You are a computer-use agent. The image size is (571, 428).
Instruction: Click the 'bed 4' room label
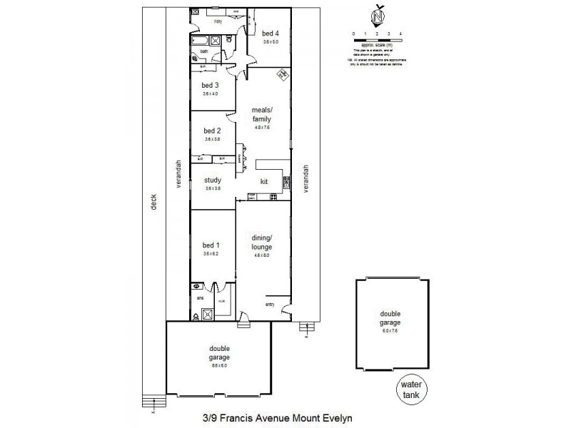pyautogui.click(x=270, y=33)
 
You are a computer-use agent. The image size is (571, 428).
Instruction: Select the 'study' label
pyautogui.click(x=212, y=180)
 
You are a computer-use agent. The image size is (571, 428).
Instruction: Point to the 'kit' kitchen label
pyautogui.click(x=263, y=181)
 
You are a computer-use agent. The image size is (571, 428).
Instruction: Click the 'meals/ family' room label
pyautogui.click(x=262, y=115)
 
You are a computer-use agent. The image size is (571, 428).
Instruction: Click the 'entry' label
pyautogui.click(x=269, y=305)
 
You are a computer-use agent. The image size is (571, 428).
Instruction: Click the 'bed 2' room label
pyautogui.click(x=212, y=131)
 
